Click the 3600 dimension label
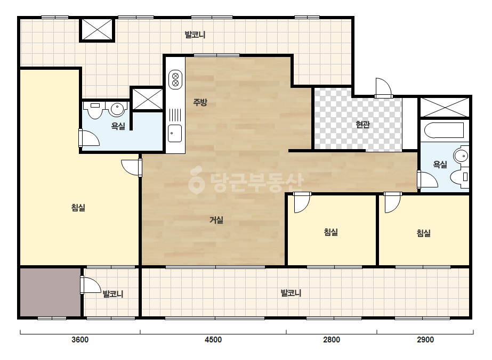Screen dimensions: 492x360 80,340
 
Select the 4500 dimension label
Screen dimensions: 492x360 213,340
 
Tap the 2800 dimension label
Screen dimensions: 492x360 332,340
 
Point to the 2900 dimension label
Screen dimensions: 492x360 425,340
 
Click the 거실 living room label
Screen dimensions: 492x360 216,220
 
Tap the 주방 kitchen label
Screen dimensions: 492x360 200,102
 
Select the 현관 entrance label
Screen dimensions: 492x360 362,125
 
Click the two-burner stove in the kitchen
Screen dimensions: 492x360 175,79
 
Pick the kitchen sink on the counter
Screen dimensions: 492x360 175,133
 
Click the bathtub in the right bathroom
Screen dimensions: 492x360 443,130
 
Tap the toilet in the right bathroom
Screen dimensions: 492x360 459,177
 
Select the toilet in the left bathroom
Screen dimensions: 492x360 95,110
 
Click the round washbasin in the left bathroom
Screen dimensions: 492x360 117,109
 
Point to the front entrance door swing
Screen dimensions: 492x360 383,88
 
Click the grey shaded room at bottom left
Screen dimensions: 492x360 50,292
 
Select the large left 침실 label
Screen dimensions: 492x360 78,208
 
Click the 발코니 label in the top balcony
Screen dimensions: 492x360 195,35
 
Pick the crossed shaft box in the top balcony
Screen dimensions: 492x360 97,29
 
